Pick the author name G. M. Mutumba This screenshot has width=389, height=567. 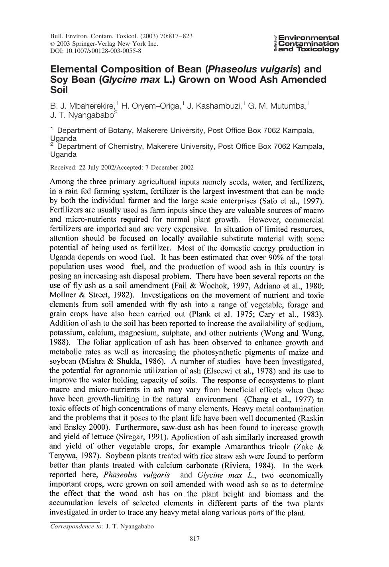(x=277, y=106)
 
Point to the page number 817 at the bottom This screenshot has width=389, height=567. (x=194, y=539)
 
